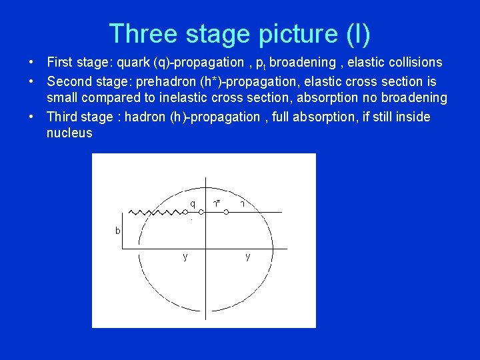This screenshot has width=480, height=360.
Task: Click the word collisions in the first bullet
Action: click(x=415, y=63)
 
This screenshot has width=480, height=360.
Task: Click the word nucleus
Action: click(x=69, y=133)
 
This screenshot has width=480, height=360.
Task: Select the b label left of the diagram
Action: click(x=117, y=231)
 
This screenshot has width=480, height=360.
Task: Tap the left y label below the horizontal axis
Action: click(x=185, y=257)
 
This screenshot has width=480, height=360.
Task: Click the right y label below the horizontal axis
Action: click(x=247, y=257)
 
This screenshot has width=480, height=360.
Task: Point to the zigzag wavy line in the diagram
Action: click(x=156, y=212)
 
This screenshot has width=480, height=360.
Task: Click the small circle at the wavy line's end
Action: click(x=185, y=212)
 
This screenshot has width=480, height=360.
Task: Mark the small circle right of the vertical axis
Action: click(x=226, y=212)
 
